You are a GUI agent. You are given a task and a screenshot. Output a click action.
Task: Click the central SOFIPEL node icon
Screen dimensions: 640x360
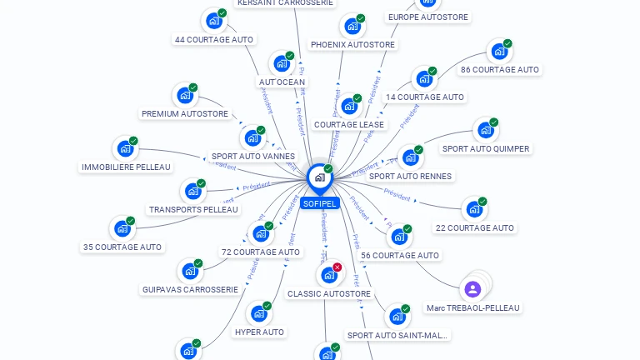tap(319, 177)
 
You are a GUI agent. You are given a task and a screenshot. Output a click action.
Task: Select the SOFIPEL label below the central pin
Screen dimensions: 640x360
tap(320, 203)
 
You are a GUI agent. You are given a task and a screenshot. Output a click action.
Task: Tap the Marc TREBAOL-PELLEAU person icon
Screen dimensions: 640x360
tap(472, 289)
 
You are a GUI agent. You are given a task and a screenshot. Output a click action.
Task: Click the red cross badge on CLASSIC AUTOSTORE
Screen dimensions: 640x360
tap(337, 267)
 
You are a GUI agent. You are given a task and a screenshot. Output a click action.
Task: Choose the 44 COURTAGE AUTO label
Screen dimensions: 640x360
tap(214, 39)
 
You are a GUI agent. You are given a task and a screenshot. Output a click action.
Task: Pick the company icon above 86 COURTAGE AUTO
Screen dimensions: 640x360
tap(498, 52)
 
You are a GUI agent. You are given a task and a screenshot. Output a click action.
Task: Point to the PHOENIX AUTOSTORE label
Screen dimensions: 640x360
tap(352, 44)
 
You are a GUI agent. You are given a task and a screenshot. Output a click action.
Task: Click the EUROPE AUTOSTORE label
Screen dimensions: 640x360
tap(428, 17)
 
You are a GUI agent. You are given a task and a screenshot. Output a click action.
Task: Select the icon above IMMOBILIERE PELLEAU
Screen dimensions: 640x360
tap(125, 148)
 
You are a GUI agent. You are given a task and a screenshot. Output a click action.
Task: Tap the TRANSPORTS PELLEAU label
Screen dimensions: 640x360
tap(193, 209)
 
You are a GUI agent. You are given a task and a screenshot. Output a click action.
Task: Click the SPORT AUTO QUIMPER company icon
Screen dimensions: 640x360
tap(485, 131)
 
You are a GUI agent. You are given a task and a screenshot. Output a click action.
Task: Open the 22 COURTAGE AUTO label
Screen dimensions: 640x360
tap(474, 227)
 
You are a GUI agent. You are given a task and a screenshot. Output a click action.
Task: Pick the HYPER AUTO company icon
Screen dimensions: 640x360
tap(259, 314)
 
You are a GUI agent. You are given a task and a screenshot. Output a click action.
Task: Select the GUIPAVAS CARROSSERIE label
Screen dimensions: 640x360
tap(190, 289)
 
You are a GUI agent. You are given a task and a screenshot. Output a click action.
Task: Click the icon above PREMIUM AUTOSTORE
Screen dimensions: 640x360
tap(184, 96)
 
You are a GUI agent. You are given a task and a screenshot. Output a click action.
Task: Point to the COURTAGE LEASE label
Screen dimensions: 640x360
tap(349, 125)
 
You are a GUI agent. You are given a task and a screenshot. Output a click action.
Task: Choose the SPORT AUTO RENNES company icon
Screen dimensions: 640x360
tap(409, 157)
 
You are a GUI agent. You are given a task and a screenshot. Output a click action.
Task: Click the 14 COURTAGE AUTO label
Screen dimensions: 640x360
tap(424, 97)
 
